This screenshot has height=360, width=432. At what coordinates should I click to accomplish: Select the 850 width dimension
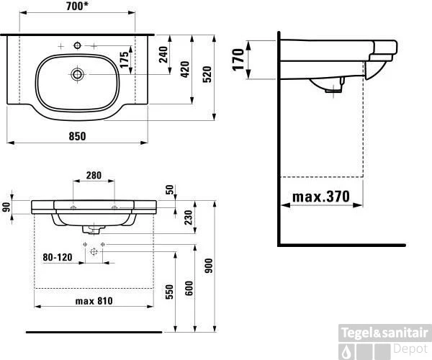click(77, 136)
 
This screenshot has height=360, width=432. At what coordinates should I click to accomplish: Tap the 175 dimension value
click(125, 60)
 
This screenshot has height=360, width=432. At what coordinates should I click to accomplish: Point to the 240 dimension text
click(163, 55)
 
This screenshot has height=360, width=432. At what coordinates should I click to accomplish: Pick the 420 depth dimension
click(185, 69)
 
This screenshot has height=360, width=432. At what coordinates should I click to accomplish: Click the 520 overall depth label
click(207, 74)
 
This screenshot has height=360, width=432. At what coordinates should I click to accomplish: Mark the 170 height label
click(238, 60)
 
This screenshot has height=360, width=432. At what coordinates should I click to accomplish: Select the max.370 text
click(321, 197)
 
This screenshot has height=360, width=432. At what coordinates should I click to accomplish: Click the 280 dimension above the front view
click(94, 175)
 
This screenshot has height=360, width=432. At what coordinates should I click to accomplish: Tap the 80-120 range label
click(58, 257)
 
